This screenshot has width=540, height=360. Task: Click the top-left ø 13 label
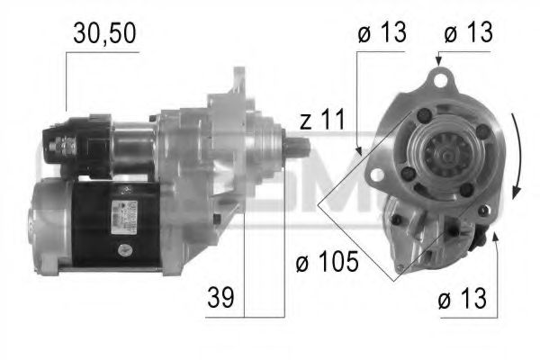pyautogui.click(x=382, y=33)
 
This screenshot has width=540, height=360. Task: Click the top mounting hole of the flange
pyautogui.click(x=440, y=81)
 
